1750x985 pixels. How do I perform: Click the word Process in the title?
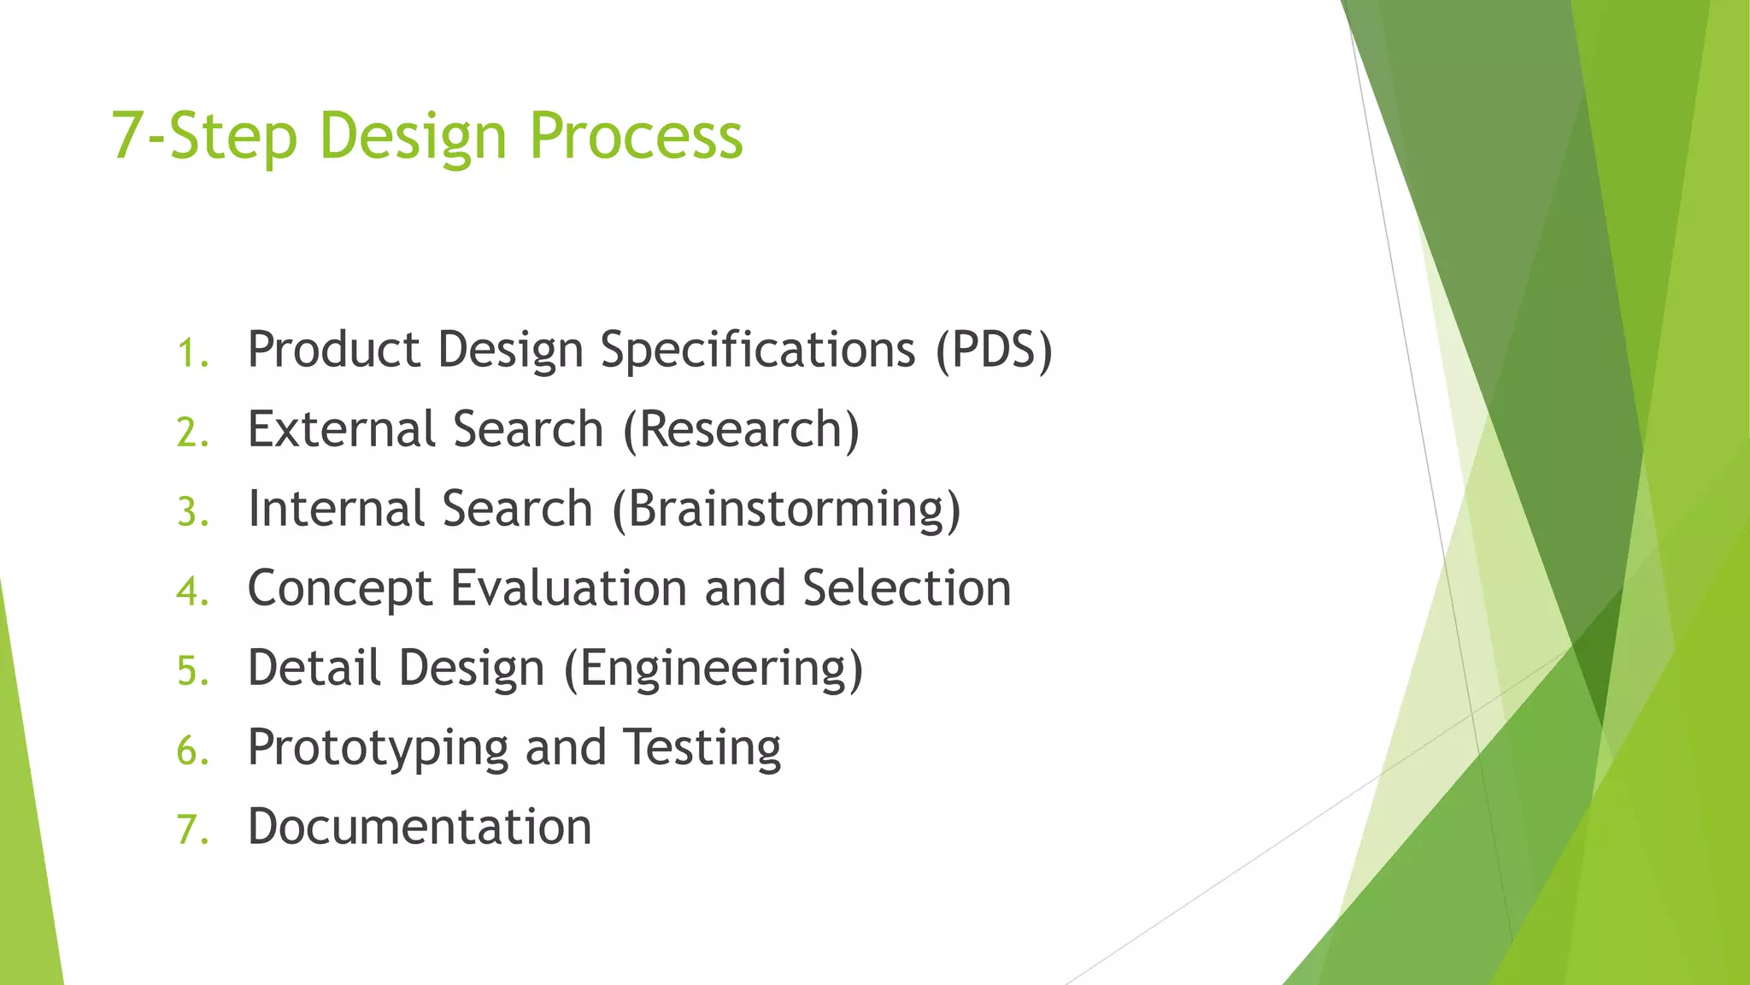tap(636, 137)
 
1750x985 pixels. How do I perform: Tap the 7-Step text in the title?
tap(203, 137)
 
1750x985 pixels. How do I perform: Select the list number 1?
tap(191, 354)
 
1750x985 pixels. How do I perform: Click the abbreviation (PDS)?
tap(994, 351)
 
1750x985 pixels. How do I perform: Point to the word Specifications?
tap(757, 351)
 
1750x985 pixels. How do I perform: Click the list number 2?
tap(192, 433)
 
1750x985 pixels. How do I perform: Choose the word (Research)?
tap(741, 429)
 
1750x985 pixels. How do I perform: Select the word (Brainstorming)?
tap(786, 510)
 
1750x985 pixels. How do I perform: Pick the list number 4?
tap(192, 592)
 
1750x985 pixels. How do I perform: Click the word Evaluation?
tap(568, 588)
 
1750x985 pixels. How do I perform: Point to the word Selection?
tap(907, 588)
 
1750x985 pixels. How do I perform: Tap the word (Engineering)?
tap(714, 669)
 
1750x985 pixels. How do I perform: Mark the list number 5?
tap(192, 671)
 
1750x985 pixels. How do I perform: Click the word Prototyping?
tap(378, 749)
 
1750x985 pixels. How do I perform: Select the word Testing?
tap(701, 749)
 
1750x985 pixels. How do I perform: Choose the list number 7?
tap(192, 830)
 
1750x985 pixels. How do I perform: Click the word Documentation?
tap(420, 827)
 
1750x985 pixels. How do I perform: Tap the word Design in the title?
tap(413, 137)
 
